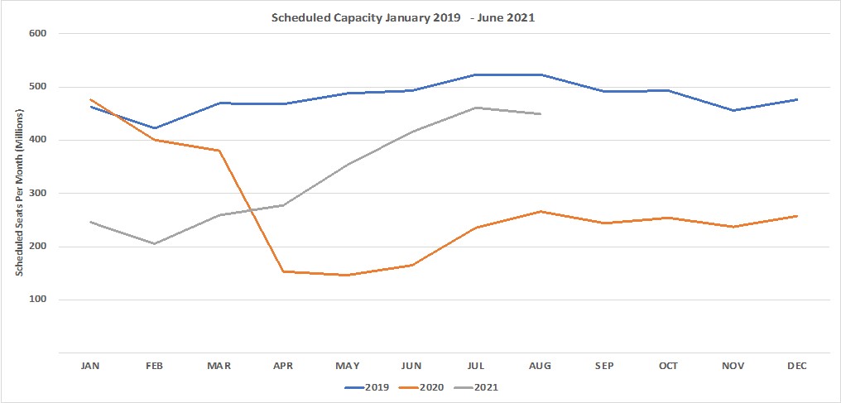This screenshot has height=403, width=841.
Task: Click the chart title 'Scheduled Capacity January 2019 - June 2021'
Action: click(x=403, y=16)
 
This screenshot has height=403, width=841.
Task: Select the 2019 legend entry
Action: click(x=369, y=386)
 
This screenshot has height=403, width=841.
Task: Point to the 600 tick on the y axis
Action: click(x=39, y=34)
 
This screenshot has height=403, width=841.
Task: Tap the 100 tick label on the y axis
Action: click(x=39, y=300)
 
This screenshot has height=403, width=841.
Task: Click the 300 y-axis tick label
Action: click(x=39, y=194)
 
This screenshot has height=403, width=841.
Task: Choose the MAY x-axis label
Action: click(x=347, y=366)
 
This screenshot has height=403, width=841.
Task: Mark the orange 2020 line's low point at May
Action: click(x=347, y=276)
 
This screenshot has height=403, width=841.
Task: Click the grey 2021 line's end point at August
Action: click(x=540, y=114)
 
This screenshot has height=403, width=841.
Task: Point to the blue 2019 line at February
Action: click(x=154, y=128)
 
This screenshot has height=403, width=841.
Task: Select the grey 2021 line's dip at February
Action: click(x=154, y=243)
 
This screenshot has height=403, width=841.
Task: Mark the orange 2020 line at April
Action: click(x=283, y=271)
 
